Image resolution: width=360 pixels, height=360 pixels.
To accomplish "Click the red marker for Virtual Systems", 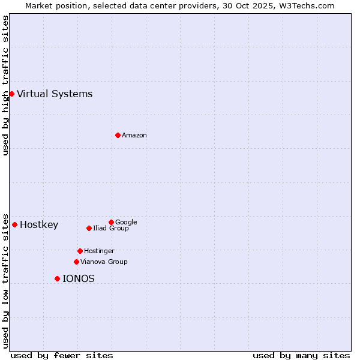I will point(11,94).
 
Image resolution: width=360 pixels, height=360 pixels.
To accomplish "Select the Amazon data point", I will point(118,135).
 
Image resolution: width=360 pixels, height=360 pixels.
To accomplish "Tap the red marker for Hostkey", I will point(14,224).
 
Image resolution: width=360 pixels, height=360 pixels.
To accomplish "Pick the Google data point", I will point(111,222).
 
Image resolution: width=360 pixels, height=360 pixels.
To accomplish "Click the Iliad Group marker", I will point(89,228).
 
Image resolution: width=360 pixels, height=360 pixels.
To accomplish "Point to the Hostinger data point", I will point(80,251).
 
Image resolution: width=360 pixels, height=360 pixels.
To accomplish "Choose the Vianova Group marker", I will point(76,262).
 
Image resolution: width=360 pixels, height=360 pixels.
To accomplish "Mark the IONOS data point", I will point(57,278).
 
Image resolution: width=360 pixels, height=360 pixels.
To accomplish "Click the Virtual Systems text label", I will point(55,94).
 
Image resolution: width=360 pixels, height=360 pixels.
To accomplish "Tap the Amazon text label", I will point(134,135).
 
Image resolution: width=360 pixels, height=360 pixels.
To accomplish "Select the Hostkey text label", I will point(39,225).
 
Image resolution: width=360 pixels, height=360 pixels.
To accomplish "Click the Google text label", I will point(126,222).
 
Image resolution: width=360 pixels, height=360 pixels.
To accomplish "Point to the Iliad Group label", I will point(111,228).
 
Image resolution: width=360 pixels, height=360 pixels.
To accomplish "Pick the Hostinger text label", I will point(99,251).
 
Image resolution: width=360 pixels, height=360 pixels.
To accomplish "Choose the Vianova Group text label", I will point(104,262).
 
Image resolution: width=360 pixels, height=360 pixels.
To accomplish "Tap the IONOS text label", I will point(79,278).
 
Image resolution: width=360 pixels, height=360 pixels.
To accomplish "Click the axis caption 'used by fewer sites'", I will point(62,355).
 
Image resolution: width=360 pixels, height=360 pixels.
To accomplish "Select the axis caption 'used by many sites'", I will point(301,355).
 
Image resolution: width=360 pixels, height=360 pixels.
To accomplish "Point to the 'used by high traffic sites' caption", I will point(6,85).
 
